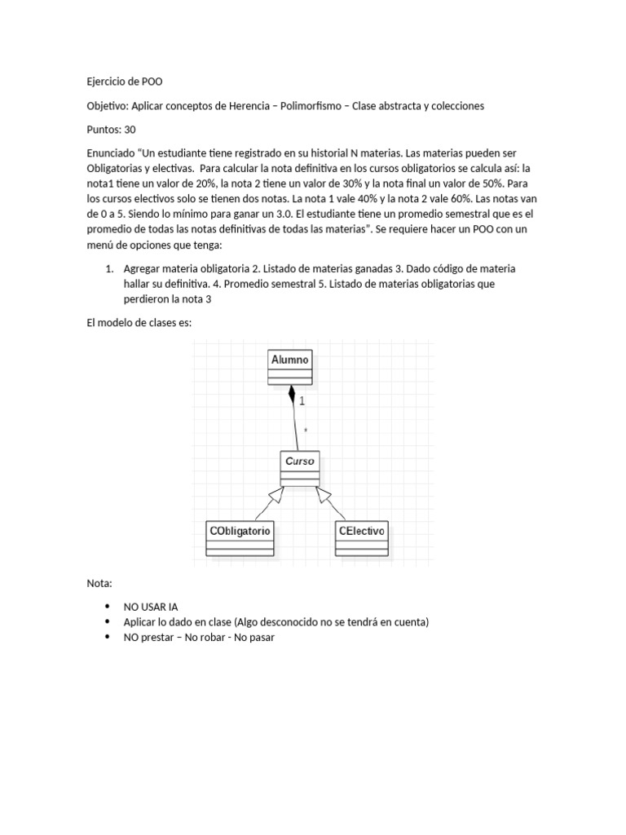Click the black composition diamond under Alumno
coord(291,397)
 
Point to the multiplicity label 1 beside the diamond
coord(302,401)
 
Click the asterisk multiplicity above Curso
coord(305,431)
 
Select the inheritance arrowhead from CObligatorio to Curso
coord(282,494)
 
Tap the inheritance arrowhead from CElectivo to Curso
coord(322,494)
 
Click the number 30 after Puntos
coord(130,130)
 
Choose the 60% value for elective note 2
coord(433,200)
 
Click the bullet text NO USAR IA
coord(151,607)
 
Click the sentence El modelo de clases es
coord(139,322)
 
